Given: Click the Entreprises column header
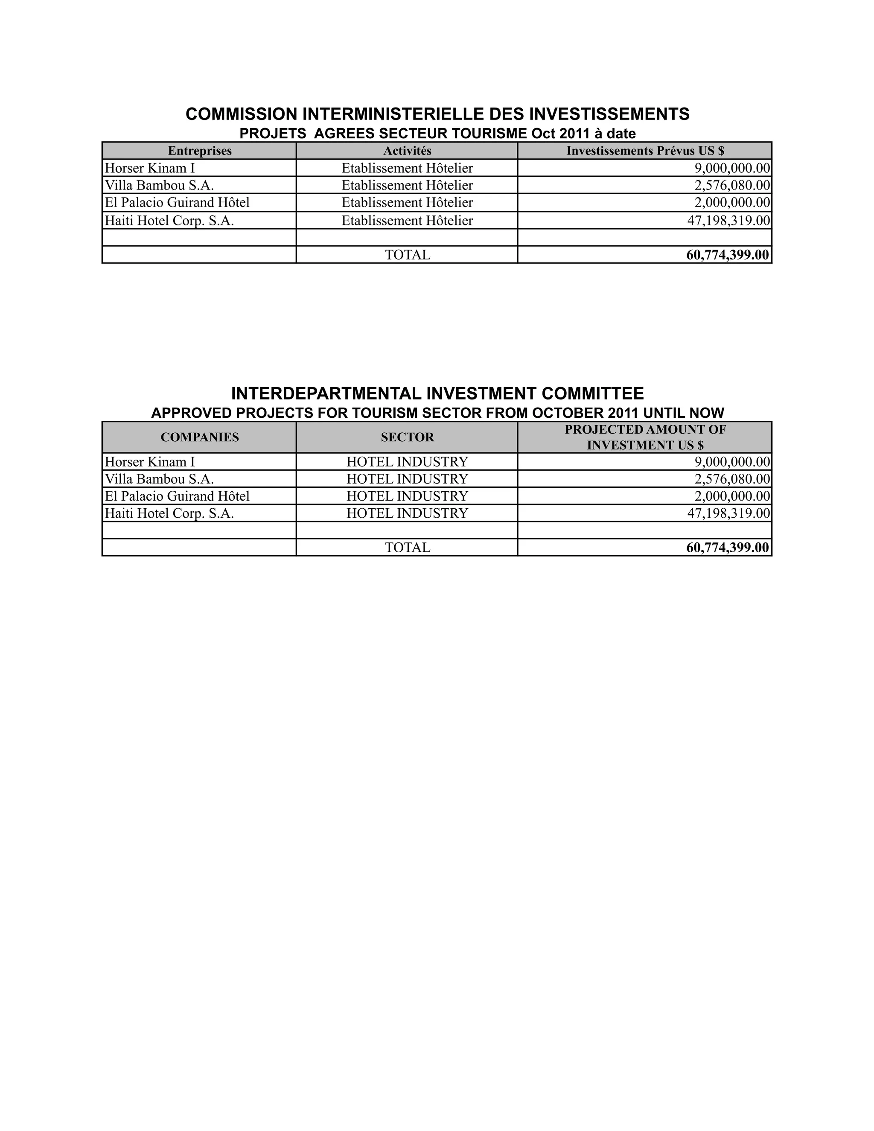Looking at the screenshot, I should (199, 151).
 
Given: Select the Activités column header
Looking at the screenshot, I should (407, 151).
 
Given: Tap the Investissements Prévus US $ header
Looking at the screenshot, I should (645, 151).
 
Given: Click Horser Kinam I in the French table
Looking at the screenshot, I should (150, 168).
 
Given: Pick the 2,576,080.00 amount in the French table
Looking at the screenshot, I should (732, 185).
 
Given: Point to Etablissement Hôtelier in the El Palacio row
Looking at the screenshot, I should (407, 202).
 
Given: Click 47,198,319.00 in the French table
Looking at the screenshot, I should (728, 221).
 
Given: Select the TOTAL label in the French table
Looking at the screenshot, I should (407, 255).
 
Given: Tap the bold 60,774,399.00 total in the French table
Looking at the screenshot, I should (728, 255).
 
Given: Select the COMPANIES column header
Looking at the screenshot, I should (199, 437).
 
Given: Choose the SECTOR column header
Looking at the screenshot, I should (407, 437).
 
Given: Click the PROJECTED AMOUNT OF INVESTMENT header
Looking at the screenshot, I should (645, 437).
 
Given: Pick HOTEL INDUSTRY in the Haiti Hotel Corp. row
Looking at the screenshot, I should (407, 513).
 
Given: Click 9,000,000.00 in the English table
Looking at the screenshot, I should (732, 462).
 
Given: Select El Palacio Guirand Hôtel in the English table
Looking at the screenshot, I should (177, 496).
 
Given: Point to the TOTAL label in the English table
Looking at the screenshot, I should (407, 548).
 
